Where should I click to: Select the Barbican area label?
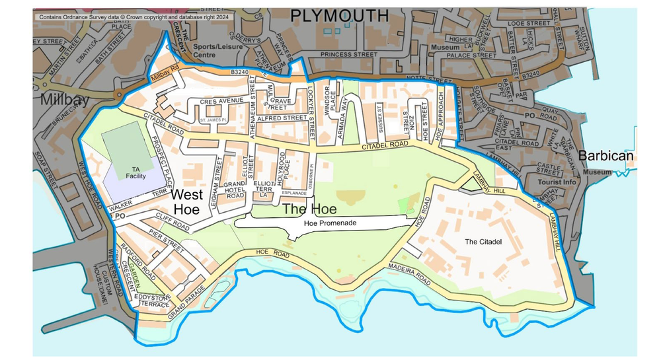pos(606,156)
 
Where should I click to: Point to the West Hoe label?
pos(187,201)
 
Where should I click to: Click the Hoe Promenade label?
pos(330,223)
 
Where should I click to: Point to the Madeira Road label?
pos(415,271)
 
